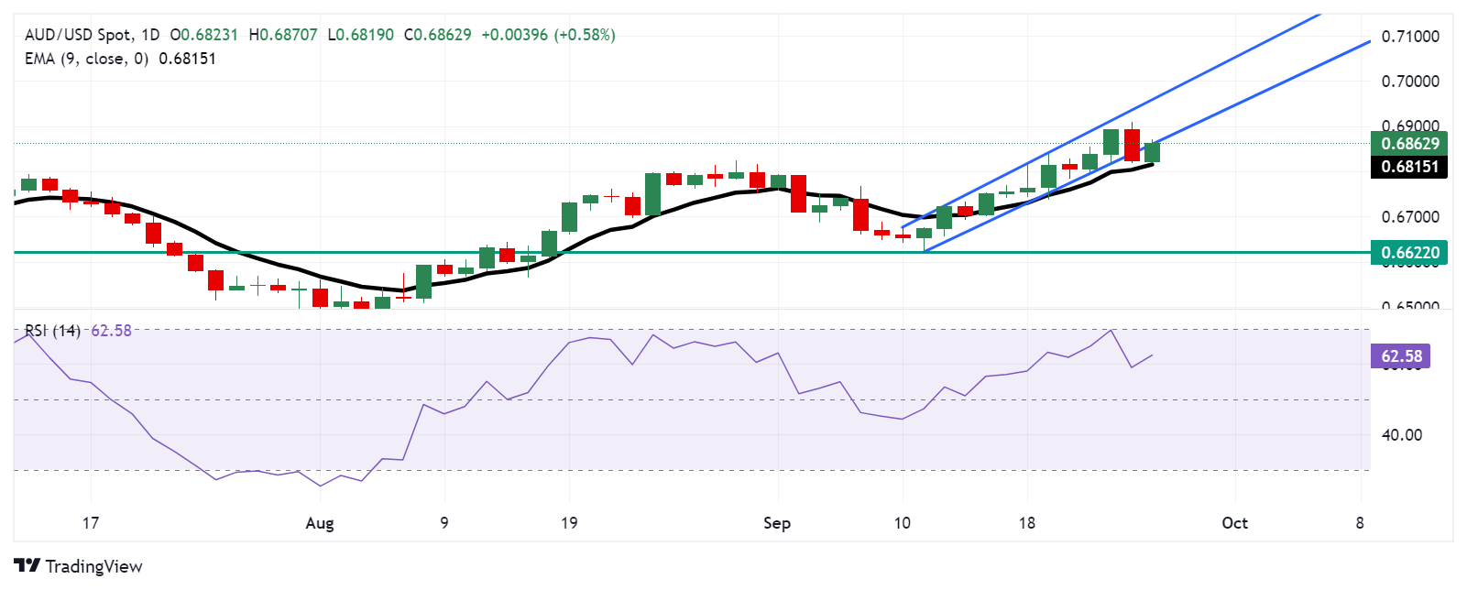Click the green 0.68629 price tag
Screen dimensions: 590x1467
pos(1409,143)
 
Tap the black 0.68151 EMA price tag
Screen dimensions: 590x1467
pos(1409,167)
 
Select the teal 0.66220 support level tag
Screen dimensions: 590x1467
pos(1409,252)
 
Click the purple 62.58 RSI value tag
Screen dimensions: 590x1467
pos(1401,356)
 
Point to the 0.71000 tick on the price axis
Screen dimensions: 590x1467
pos(1410,37)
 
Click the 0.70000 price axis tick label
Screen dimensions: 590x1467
pos(1410,82)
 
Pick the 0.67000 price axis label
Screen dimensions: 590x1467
pos(1410,217)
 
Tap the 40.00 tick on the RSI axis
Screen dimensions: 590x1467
pos(1402,435)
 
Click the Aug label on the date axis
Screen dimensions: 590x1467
pos(320,523)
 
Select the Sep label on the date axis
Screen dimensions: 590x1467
pos(777,523)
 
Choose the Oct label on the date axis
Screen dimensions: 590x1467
pos(1234,523)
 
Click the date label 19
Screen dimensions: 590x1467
pos(569,523)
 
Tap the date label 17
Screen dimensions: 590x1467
pos(90,523)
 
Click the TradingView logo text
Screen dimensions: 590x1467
pos(79,566)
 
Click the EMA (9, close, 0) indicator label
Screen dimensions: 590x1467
pos(86,59)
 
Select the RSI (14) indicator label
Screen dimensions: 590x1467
pos(52,331)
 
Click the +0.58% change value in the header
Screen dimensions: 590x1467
pos(585,35)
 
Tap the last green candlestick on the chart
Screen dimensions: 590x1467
pos(1152,152)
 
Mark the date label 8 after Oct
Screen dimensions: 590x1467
pos(1360,523)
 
